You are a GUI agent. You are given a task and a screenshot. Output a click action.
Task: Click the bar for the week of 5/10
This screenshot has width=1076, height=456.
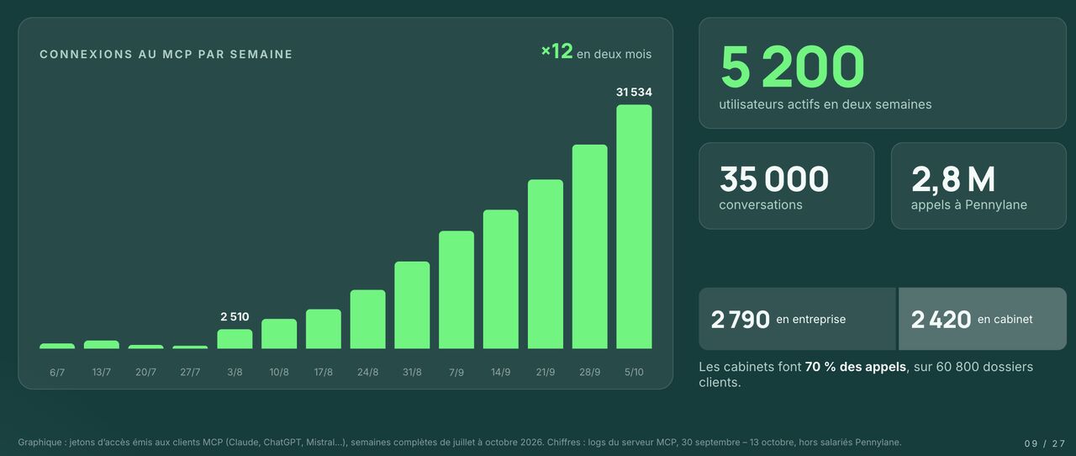coord(634,226)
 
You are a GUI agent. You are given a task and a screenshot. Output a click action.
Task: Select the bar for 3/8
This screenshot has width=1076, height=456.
coord(235,339)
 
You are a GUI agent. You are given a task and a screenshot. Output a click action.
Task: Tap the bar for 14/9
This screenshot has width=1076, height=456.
coord(501,279)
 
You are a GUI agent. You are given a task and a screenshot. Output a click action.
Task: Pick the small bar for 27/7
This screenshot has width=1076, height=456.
coord(190,347)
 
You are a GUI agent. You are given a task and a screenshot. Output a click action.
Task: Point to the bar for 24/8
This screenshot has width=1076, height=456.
coord(368,320)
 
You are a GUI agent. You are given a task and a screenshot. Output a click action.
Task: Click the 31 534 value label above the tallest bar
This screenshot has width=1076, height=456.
coord(634,92)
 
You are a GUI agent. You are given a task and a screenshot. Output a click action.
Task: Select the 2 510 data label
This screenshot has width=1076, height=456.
coord(235,316)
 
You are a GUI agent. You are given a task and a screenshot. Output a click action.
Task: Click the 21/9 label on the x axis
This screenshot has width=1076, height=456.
coord(546,372)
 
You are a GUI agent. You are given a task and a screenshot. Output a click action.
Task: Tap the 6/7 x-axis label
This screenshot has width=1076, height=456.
coord(57,372)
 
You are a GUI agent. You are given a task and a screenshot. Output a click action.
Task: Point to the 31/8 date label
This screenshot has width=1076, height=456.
coord(412,372)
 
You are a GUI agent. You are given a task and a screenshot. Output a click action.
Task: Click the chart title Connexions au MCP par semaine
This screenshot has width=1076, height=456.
coord(166,55)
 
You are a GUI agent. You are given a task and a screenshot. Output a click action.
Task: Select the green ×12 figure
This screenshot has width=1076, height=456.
coord(556,51)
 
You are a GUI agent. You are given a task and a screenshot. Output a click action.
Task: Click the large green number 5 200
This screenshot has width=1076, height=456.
coord(793,66)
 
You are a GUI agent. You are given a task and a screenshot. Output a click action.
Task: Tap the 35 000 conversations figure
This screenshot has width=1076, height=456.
coord(774,179)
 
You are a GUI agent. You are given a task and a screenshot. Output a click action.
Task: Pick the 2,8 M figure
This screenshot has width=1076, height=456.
coord(953,179)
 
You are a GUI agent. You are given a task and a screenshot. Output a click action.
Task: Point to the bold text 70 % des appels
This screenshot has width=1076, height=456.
coord(856,367)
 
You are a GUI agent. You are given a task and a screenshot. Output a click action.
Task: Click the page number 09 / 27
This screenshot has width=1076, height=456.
coord(1044,443)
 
